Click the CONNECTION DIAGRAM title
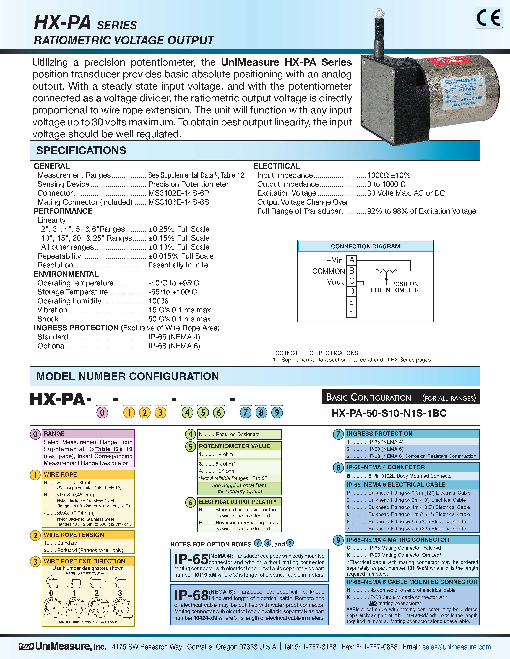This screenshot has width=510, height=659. click(365, 246)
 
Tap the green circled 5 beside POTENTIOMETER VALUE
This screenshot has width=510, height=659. click(190, 446)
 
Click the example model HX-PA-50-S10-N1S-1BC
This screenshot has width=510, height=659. click(389, 413)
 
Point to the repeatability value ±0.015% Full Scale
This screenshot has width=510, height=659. click(181, 256)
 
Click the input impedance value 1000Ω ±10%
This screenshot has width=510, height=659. click(389, 175)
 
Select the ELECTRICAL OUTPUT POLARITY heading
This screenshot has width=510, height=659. click(238, 502)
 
